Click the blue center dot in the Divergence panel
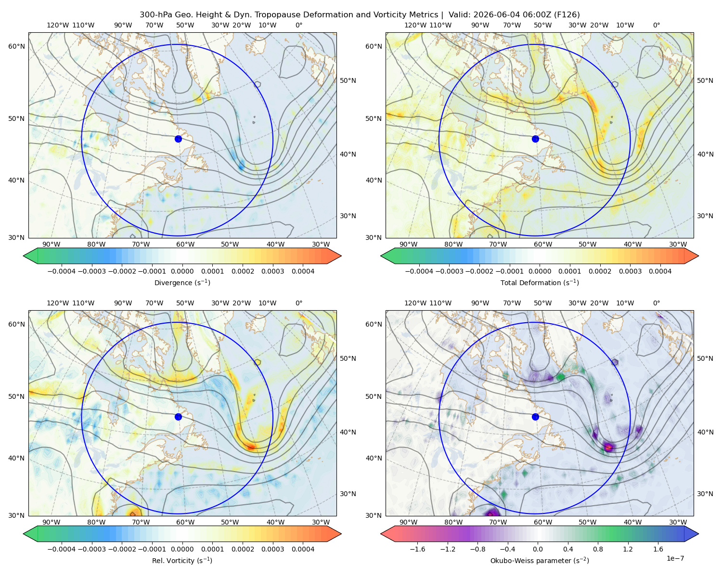click(178, 139)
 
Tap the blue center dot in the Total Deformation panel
click(535, 139)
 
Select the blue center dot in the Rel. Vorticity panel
click(178, 417)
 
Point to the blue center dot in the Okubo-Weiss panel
click(535, 417)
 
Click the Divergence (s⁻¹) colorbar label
click(182, 282)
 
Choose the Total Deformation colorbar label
click(540, 282)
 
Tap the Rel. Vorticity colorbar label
click(182, 561)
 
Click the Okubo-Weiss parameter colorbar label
click(540, 561)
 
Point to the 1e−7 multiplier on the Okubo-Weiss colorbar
click(675, 558)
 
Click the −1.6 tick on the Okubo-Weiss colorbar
click(417, 549)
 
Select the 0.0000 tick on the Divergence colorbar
click(182, 271)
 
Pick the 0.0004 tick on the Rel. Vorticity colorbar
click(303, 549)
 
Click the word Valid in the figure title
click(459, 15)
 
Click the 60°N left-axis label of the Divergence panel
click(16, 46)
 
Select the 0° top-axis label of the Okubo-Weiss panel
click(656, 303)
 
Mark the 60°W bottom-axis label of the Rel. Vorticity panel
click(185, 522)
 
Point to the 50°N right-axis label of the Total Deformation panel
click(705, 80)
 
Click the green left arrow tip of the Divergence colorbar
click(24, 256)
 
